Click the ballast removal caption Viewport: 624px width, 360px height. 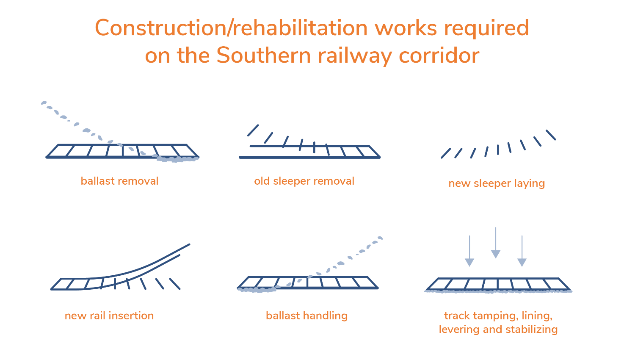pos(119,181)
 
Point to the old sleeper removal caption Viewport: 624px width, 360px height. pos(304,181)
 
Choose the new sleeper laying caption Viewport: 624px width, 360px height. pos(497,183)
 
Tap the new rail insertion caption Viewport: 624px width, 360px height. pos(109,316)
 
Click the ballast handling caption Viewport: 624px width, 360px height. pos(306,316)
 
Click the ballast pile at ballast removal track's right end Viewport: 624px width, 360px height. pos(177,159)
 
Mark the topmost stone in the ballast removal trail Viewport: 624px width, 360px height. pos(43,103)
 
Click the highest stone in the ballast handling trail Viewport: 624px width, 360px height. pos(380,238)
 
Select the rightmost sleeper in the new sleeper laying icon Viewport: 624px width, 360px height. pos(550,135)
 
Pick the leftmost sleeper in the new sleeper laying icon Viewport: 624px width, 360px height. pos(446,153)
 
